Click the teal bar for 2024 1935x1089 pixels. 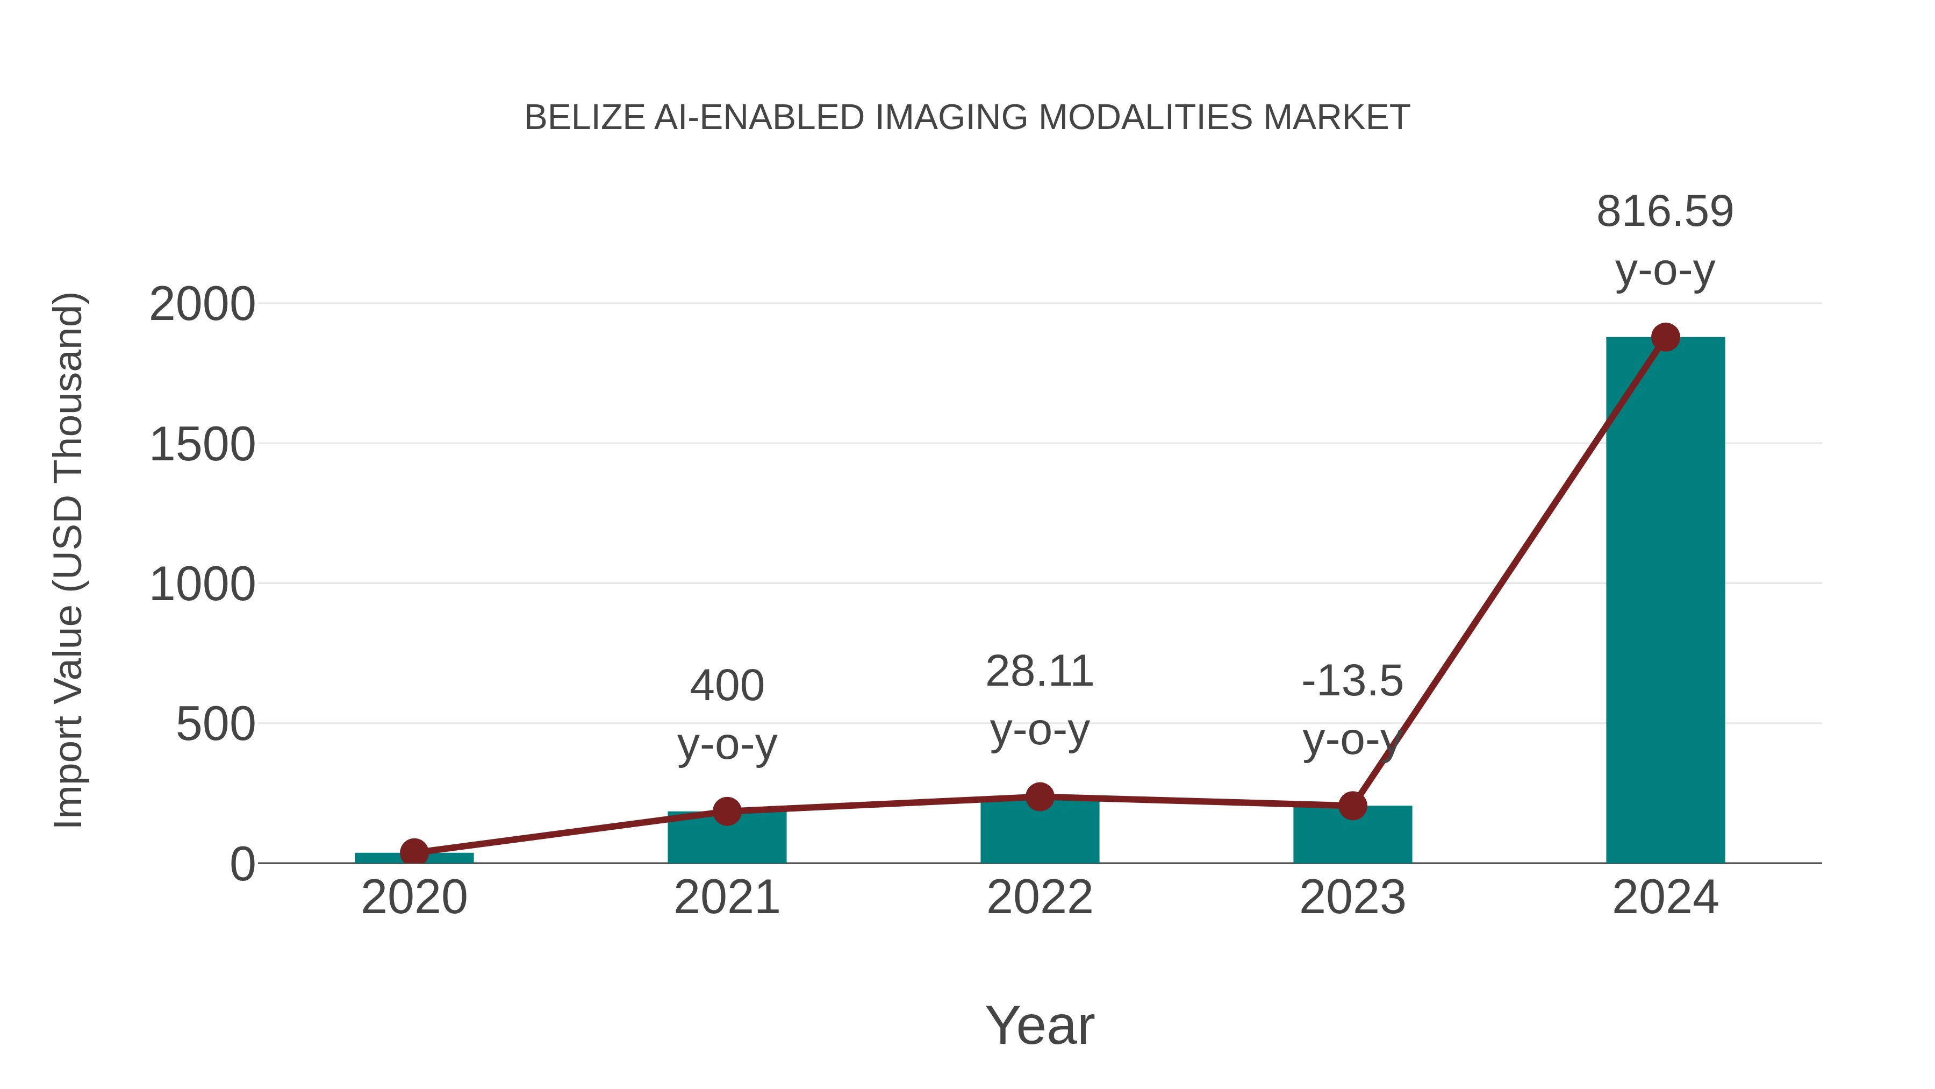[x=1665, y=601]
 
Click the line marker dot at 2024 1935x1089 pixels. [x=1665, y=337]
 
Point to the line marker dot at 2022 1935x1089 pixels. [x=1040, y=796]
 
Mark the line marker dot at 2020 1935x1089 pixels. [x=414, y=852]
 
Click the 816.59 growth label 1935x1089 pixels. [x=1665, y=211]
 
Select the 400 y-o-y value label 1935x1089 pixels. [x=726, y=686]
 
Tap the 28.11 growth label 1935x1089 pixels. [x=1040, y=671]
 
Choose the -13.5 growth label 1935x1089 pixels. [x=1352, y=681]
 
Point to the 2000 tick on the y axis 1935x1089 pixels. [x=202, y=304]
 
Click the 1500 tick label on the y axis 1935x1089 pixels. [x=202, y=444]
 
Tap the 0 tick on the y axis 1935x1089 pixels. [x=242, y=864]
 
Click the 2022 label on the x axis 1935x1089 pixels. [x=1040, y=898]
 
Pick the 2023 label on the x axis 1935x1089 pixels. [x=1352, y=898]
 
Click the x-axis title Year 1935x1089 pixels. [x=1040, y=1025]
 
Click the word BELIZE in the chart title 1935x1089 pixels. [x=584, y=118]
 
